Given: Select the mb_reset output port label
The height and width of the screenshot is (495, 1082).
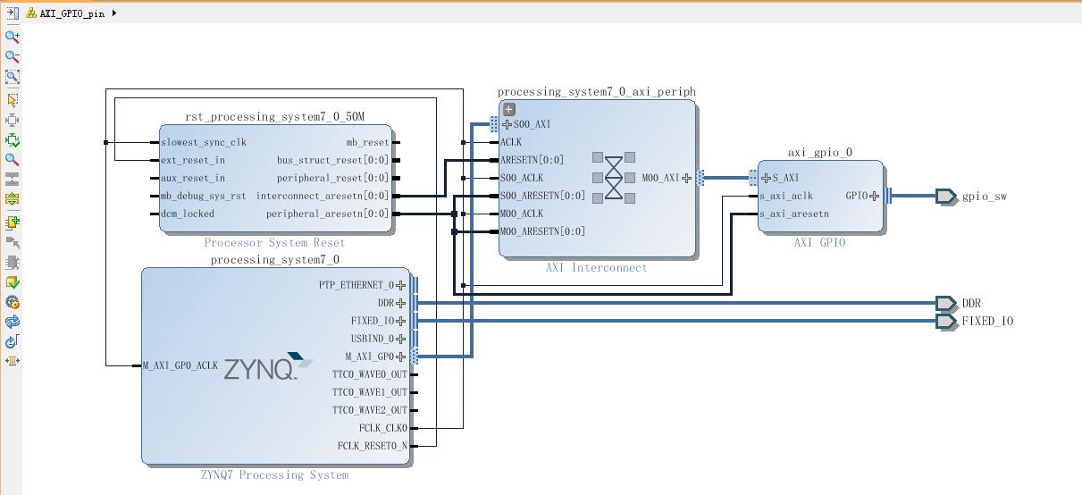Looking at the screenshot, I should coord(367,142).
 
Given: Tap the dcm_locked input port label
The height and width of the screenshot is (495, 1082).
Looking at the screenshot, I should coord(188,214).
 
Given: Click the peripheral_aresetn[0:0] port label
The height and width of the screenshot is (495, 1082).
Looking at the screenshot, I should coord(327,214).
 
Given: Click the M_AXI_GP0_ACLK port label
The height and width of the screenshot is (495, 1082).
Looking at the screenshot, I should coord(180,365).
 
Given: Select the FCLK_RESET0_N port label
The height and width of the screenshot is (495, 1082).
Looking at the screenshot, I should coord(372,446).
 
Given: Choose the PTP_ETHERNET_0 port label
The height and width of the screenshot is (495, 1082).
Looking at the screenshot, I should coord(356,285).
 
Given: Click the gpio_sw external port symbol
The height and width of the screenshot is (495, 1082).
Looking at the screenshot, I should coord(945,196).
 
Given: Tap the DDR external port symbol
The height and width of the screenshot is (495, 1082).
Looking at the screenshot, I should coord(945,303).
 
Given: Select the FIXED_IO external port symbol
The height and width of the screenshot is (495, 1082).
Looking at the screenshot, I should coord(945,321).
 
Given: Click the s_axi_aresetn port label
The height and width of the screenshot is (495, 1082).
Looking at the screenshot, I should coord(794,214).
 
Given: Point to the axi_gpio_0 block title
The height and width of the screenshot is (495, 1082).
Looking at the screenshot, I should coord(819,153).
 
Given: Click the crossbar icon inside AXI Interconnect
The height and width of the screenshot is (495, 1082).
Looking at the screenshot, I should coord(614,177).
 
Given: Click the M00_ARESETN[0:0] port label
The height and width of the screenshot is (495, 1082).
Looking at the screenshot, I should coord(542,231).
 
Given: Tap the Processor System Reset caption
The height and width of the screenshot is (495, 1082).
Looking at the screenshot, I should coord(274,243).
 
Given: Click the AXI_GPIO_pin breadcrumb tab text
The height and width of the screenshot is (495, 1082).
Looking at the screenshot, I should coord(71,13).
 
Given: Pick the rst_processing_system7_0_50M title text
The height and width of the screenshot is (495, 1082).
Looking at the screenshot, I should coord(274,117).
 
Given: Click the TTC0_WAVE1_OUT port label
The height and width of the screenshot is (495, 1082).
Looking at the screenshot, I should coord(369,392).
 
